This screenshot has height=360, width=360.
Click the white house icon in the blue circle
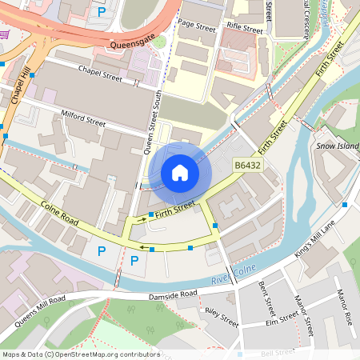click(180, 173)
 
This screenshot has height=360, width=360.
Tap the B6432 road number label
click(247, 166)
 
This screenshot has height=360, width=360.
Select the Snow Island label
click(336, 146)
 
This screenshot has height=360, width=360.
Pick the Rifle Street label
click(245, 28)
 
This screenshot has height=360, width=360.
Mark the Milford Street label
click(83, 122)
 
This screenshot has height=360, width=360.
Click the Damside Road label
click(173, 297)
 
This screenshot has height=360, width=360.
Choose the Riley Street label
click(222, 317)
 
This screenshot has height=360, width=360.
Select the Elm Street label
click(281, 323)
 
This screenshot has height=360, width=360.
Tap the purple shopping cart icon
click(5, 34)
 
